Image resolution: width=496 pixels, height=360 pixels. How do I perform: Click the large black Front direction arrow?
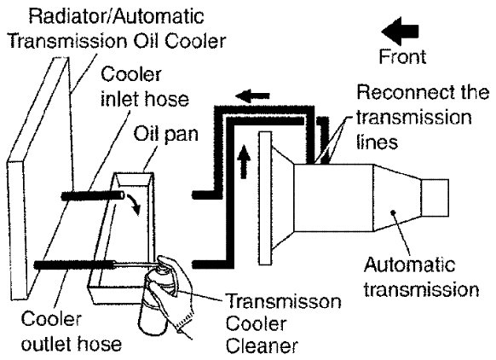coord(401,32)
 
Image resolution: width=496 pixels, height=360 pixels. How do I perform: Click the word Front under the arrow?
coord(402,57)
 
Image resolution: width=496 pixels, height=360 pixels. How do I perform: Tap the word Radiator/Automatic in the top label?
coord(117,16)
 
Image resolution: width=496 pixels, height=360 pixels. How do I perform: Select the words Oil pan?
coord(165,134)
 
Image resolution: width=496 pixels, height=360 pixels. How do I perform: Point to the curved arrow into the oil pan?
coord(134,204)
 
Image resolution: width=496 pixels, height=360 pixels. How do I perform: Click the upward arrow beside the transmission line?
coord(244,161)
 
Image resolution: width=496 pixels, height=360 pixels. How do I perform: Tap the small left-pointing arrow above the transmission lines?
coord(253,96)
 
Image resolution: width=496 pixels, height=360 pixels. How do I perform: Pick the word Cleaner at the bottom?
coord(262,345)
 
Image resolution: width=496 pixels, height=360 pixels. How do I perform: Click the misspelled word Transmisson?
coord(284,301)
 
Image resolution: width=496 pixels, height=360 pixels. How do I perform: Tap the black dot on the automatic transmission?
coord(394,212)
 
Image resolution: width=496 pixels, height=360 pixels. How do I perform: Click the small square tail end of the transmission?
coord(435,198)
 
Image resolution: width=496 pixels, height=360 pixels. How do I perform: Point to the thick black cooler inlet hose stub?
coord(93,196)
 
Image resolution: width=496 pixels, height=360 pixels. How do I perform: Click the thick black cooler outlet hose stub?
coord(75,264)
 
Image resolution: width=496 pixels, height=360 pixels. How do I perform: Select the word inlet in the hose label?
coord(120,99)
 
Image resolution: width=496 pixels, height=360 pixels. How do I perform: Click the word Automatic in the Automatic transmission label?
coord(410,264)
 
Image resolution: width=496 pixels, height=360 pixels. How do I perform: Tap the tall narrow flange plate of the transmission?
coord(265,198)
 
